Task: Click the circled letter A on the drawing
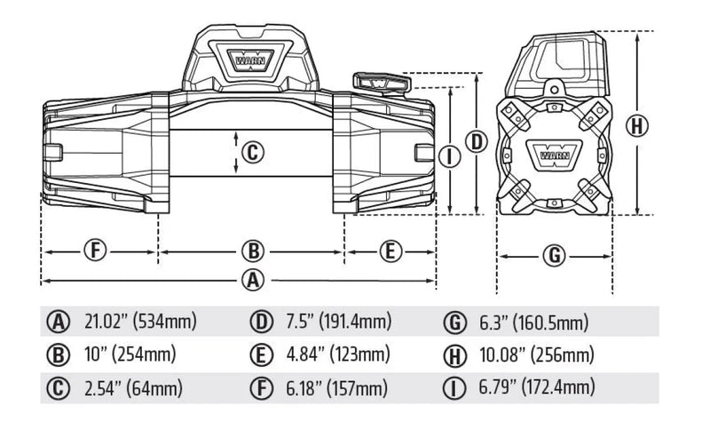pyautogui.click(x=253, y=279)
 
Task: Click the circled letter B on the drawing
pyautogui.click(x=253, y=251)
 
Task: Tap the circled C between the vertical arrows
pyautogui.click(x=252, y=153)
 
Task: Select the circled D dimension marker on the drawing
pyautogui.click(x=477, y=140)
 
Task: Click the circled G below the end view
pyautogui.click(x=554, y=256)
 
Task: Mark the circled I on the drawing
pyautogui.click(x=451, y=157)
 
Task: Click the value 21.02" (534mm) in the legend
pyautogui.click(x=140, y=321)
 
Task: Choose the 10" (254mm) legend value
pyautogui.click(x=130, y=355)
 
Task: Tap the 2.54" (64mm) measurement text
pyautogui.click(x=133, y=388)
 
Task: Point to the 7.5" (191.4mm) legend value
pyautogui.click(x=338, y=321)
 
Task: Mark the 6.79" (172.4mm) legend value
pyautogui.click(x=535, y=388)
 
